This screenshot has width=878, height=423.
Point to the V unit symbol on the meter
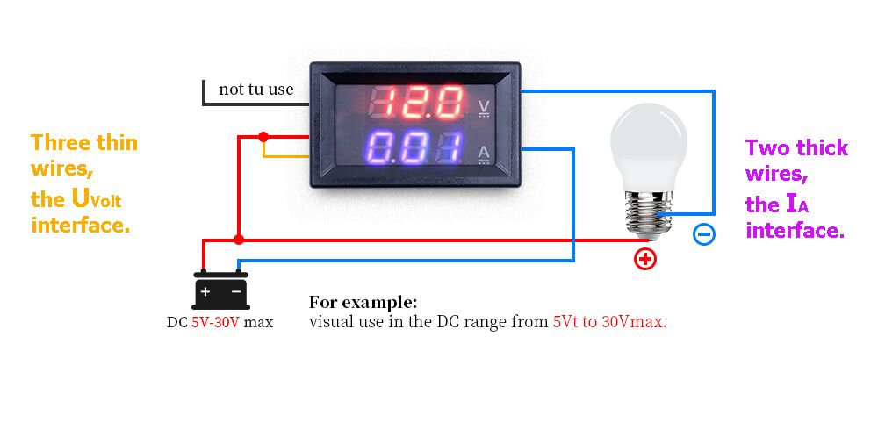pyautogui.click(x=485, y=108)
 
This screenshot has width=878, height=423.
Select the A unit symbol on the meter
pyautogui.click(x=485, y=154)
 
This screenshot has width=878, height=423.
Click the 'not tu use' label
pyautogui.click(x=255, y=89)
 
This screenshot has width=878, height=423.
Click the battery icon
pyautogui.click(x=220, y=290)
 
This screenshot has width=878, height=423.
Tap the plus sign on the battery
pyautogui.click(x=205, y=291)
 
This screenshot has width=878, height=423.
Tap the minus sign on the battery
pyautogui.click(x=236, y=291)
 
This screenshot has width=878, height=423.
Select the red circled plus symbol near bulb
pyautogui.click(x=645, y=259)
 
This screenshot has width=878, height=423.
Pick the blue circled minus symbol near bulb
pyautogui.click(x=704, y=234)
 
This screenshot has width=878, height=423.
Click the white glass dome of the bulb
pyautogui.click(x=649, y=147)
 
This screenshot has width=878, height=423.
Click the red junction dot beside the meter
pyautogui.click(x=263, y=137)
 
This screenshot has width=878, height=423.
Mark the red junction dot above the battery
pyautogui.click(x=239, y=240)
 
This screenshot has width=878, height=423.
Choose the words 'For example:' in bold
pyautogui.click(x=363, y=303)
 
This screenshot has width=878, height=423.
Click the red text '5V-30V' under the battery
pyautogui.click(x=216, y=323)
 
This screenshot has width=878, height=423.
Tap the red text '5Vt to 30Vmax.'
pyautogui.click(x=610, y=322)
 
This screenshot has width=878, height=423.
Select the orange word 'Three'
pyautogui.click(x=61, y=143)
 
